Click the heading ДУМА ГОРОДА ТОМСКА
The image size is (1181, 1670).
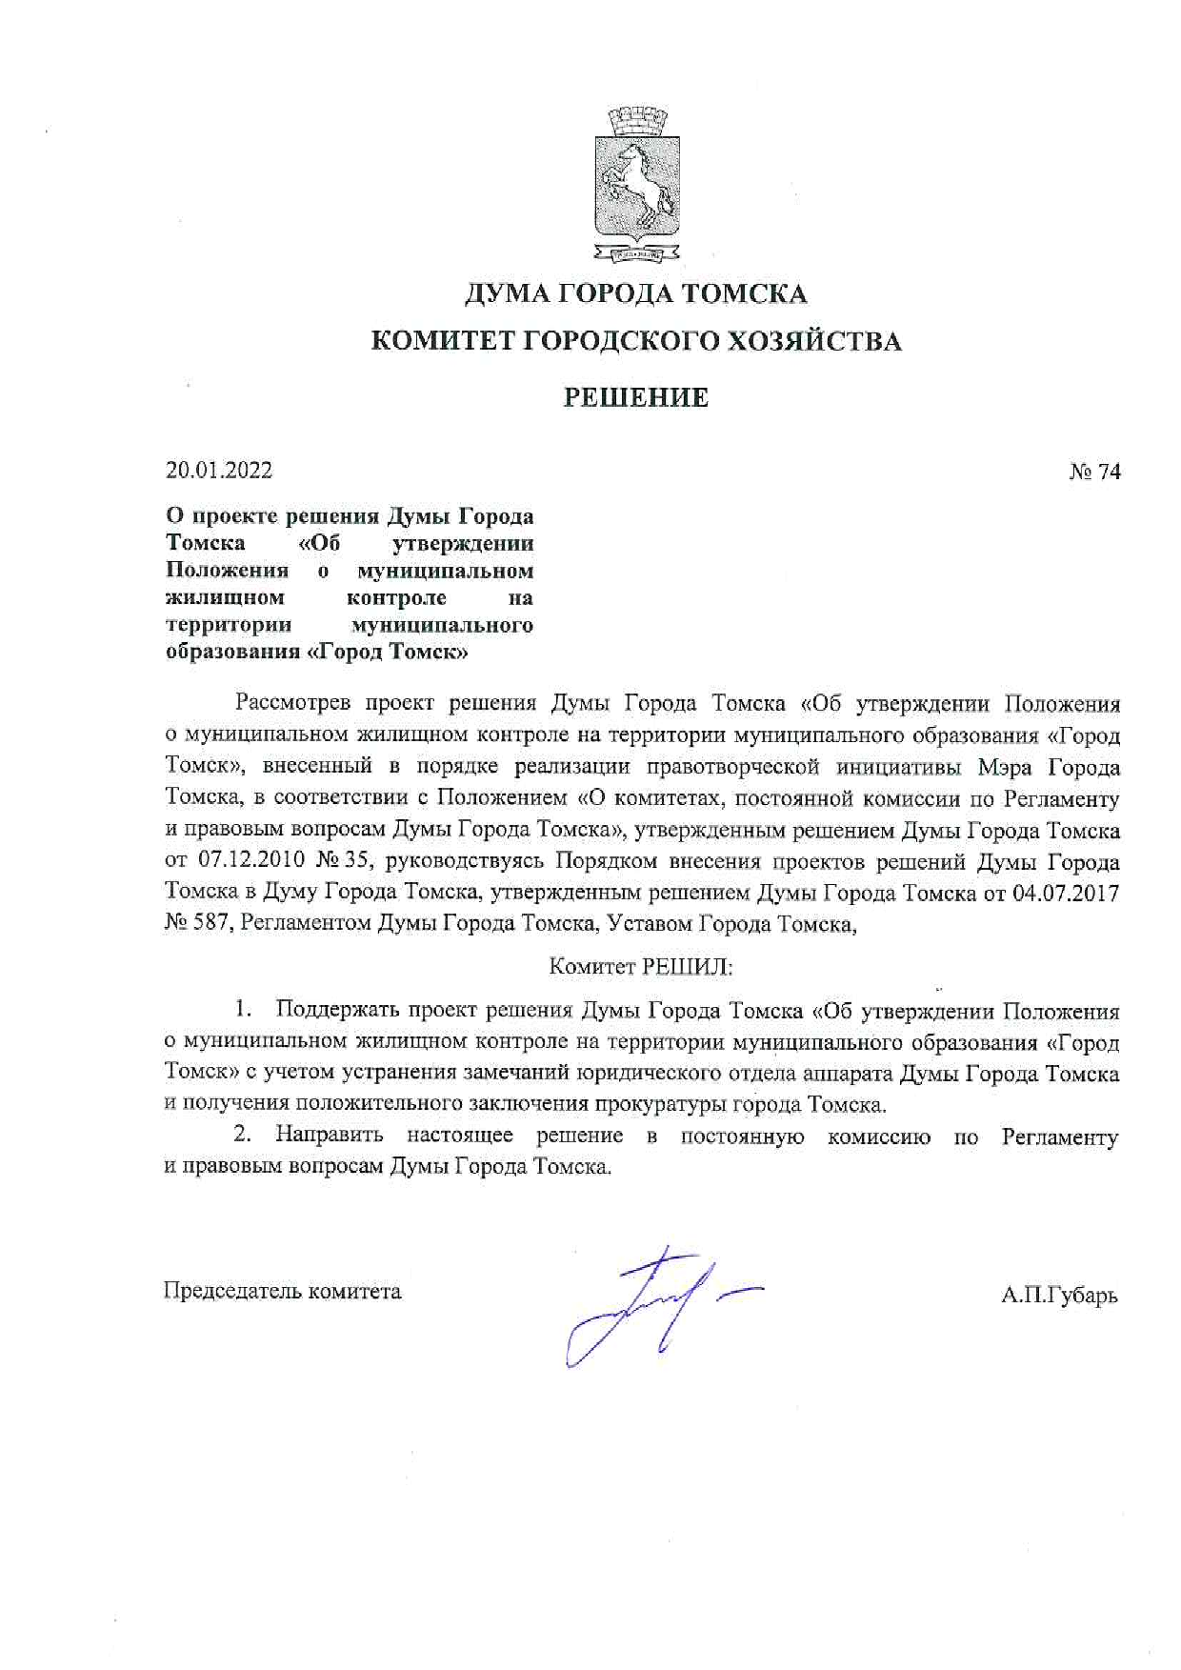[636, 293]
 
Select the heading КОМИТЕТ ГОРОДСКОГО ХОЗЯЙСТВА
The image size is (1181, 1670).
[636, 341]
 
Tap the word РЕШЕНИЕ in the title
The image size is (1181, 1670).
[636, 397]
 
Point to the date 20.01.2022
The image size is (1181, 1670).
[219, 471]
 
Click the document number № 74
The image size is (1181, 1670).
[1094, 472]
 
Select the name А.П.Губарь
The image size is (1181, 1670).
[1059, 1296]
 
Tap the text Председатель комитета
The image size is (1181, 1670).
[283, 1292]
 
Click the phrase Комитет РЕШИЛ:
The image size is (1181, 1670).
[641, 967]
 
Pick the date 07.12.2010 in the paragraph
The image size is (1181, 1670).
[251, 861]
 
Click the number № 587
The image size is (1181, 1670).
[197, 923]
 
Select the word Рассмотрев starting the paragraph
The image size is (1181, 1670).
[293, 704]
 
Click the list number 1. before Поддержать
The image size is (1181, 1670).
[244, 1010]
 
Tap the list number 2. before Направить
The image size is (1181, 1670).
[244, 1135]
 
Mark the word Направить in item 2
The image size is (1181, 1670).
[330, 1136]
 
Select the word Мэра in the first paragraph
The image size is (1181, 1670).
[1008, 768]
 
